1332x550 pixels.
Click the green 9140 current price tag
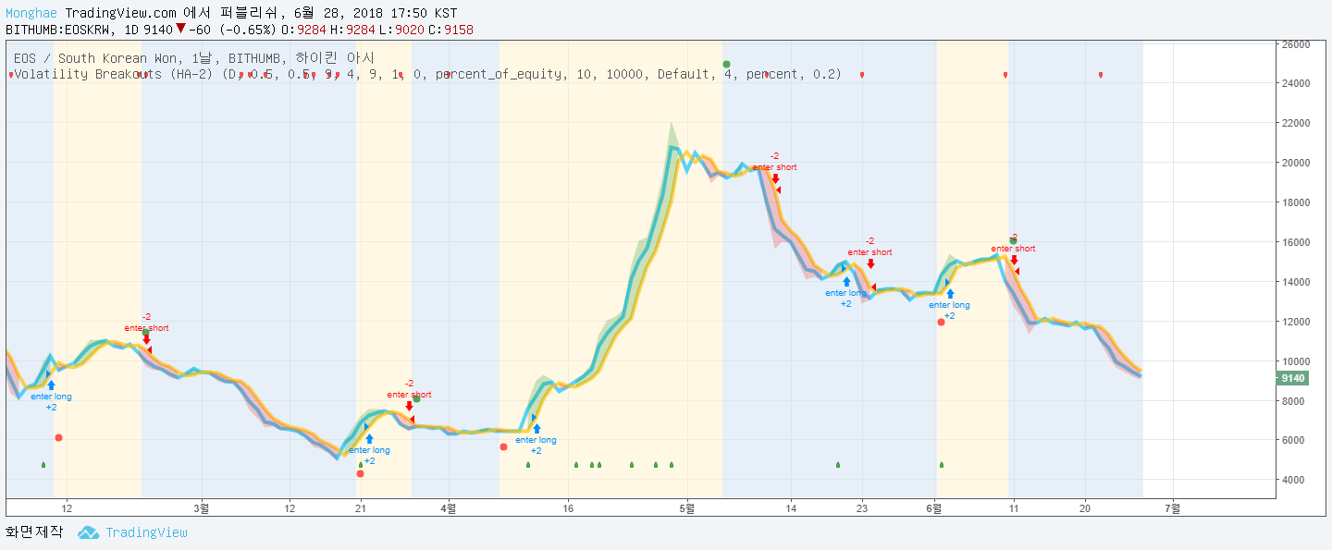1291,378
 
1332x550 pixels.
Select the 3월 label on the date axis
202,507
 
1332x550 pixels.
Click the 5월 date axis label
686,507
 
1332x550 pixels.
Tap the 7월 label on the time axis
1172,507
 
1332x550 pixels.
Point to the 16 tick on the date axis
568,507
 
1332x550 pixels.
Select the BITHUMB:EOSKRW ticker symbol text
57,30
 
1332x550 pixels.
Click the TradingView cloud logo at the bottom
88,532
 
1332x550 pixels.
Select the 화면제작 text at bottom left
34,532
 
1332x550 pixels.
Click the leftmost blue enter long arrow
51,385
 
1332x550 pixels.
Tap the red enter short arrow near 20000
775,178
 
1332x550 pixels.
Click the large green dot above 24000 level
726,65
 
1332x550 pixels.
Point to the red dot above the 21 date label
360,474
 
